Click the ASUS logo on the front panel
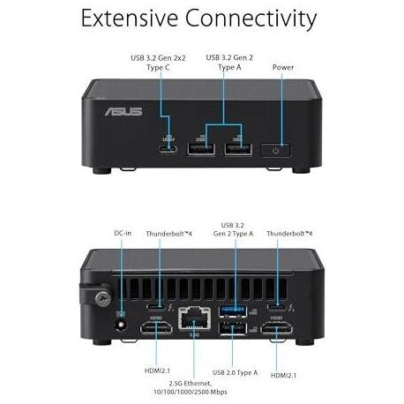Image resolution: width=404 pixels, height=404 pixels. tap(123, 112)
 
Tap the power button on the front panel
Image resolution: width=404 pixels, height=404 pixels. tap(275, 150)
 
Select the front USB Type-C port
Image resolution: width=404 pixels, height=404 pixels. tap(167, 149)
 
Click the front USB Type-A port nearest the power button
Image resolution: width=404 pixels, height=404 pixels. tap(238, 149)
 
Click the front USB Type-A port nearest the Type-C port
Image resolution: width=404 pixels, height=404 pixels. tap(201, 149)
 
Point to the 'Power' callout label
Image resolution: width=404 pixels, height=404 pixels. tap(283, 67)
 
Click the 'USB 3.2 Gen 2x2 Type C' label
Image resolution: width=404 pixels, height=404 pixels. tap(158, 63)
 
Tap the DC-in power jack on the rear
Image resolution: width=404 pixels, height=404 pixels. tap(121, 325)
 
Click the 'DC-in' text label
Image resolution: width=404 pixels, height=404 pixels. tap(123, 233)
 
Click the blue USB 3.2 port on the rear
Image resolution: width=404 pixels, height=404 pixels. tap(233, 311)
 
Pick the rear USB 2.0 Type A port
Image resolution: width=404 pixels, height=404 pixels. tap(233, 328)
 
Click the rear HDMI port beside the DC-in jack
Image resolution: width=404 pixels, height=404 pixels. tap(156, 327)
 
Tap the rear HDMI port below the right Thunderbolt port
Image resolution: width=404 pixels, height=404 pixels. tap(276, 327)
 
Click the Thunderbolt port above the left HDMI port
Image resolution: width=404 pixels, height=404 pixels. tap(156, 308)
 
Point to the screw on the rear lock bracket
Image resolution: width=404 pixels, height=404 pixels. tap(103, 299)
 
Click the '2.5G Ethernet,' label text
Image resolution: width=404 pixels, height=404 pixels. tap(190, 384)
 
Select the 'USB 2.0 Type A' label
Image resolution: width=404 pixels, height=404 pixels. tap(235, 372)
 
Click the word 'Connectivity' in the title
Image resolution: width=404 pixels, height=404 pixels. tap(251, 19)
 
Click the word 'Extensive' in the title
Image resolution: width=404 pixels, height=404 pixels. tap(130, 19)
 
